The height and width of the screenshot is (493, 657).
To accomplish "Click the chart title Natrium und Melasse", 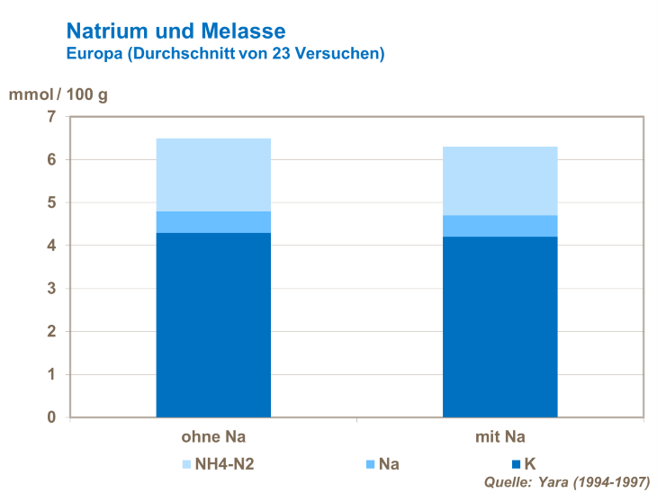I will coord(175,32).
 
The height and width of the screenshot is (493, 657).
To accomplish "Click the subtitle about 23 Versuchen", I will coord(225,54).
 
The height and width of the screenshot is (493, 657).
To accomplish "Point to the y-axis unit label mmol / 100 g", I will coord(59,94).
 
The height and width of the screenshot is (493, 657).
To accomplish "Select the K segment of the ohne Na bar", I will coord(213,325).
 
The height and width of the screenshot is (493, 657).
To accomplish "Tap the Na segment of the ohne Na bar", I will coord(213,222).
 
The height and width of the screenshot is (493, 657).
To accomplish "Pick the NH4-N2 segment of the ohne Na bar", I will coord(213,175).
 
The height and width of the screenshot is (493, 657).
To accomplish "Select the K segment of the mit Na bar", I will coord(499,327).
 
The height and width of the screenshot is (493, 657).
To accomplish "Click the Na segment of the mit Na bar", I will coord(499,226).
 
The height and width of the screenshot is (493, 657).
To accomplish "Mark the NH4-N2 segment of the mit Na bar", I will coord(499,181).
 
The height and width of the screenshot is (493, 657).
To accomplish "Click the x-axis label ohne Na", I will coord(213,438).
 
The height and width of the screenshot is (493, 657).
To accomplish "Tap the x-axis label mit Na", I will coord(499,438).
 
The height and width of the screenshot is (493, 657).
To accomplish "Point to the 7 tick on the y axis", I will coord(50,117).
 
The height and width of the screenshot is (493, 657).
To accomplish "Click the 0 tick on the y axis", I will coord(50,417).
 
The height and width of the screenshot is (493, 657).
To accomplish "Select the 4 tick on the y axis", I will coord(50,246).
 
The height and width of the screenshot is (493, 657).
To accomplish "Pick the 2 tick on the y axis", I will coord(50,331).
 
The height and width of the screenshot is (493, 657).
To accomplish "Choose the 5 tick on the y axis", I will coord(50,202).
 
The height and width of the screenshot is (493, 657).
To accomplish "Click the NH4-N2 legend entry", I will coord(223,464).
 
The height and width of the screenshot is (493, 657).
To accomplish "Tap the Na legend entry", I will coord(382,464).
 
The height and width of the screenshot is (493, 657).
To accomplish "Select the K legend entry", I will coord(524,464).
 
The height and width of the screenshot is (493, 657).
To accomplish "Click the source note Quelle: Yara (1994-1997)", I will coord(566,481).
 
